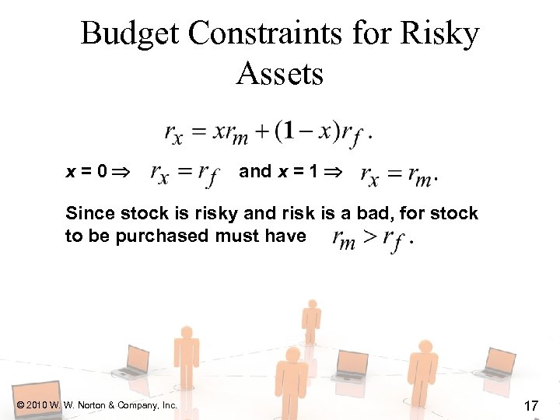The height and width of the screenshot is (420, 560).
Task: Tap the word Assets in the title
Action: pos(279,75)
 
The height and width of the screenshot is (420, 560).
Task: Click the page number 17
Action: pos(532,405)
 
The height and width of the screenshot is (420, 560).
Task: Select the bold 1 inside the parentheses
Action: pos(288,131)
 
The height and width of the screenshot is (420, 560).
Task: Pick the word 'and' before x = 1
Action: pos(255,171)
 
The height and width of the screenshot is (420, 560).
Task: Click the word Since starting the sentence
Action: pos(89,214)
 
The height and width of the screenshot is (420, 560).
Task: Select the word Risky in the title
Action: pos(439,34)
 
